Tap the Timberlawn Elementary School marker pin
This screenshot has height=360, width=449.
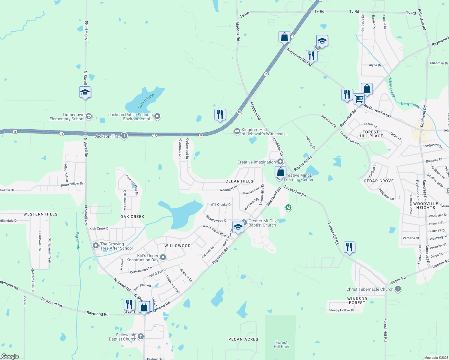pos(89,116)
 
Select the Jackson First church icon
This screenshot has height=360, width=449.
pos(124,136)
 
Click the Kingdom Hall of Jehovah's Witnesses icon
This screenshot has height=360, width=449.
pos(237,131)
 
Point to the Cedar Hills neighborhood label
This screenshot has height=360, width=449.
pos(239,181)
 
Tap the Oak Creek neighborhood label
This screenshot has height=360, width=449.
pos(132,217)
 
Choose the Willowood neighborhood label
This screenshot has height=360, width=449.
pos(177,246)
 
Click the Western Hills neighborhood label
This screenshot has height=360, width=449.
pos(41,214)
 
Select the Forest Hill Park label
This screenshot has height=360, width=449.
pos(282,344)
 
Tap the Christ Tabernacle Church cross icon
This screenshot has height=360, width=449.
pos(398,289)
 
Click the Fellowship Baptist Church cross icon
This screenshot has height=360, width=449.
pos(141,337)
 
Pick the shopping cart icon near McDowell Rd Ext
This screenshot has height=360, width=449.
pos(359,99)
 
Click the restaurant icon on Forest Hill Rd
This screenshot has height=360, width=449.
pos(349,247)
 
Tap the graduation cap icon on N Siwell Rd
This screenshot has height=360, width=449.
pos(85,92)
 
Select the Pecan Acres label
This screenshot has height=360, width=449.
pos(243,339)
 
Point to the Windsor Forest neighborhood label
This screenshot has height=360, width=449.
pos(357,301)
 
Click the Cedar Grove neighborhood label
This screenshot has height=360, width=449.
pos(379,181)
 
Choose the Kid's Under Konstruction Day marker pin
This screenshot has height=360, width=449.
pos(163,257)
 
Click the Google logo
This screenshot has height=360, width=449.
pos(10,356)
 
